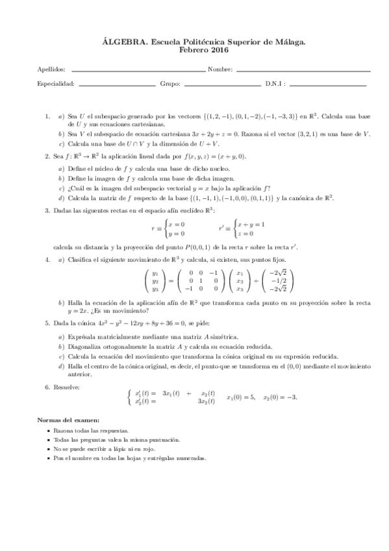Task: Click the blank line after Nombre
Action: (303, 70)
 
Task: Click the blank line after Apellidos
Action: (137, 70)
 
